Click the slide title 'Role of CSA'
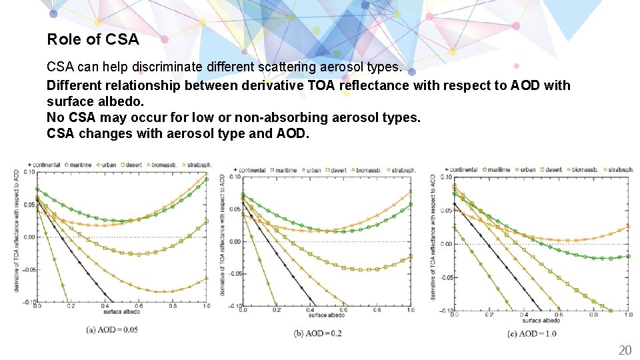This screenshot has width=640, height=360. (93, 39)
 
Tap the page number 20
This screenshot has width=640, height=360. (625, 351)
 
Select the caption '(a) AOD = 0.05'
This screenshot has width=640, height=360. (112, 329)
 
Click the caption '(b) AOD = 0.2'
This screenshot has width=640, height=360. (317, 333)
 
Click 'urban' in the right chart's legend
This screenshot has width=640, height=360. (528, 169)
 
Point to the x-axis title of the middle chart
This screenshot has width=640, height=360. (327, 315)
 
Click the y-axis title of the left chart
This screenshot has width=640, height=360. (16, 231)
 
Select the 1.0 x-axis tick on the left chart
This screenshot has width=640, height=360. (205, 306)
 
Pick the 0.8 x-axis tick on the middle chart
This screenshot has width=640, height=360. (377, 310)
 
